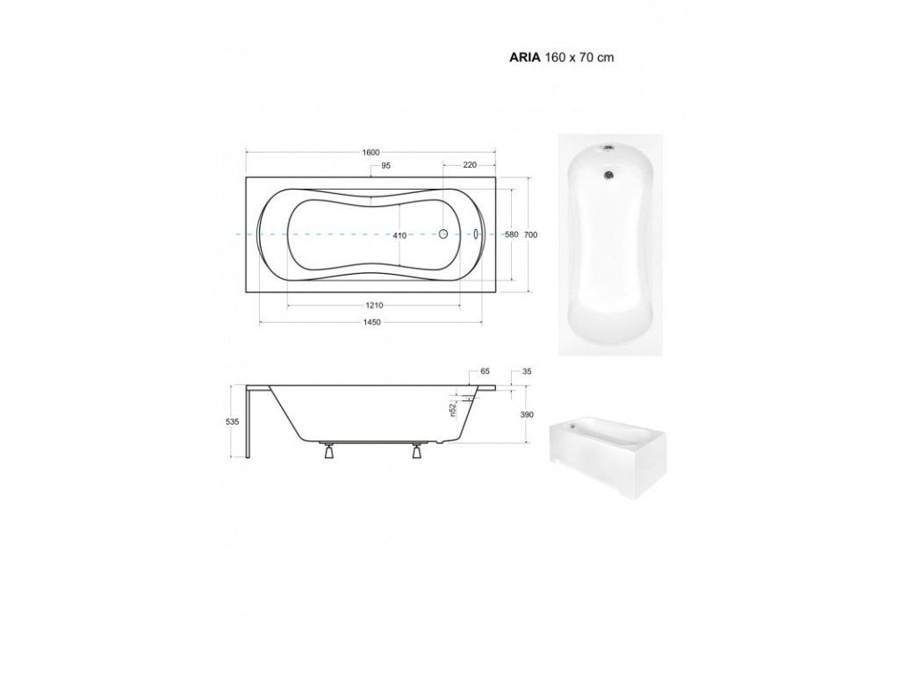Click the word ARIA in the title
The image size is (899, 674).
525,57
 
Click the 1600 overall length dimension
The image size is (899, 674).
371,153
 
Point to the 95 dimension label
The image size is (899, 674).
386,166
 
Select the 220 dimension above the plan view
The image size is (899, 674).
470,165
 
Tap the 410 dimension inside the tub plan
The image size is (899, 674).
399,235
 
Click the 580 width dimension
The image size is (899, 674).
512,234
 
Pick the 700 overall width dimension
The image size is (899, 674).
531,234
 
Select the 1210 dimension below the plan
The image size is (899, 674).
374,305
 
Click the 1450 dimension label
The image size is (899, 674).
371,323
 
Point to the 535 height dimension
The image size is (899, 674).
232,422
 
